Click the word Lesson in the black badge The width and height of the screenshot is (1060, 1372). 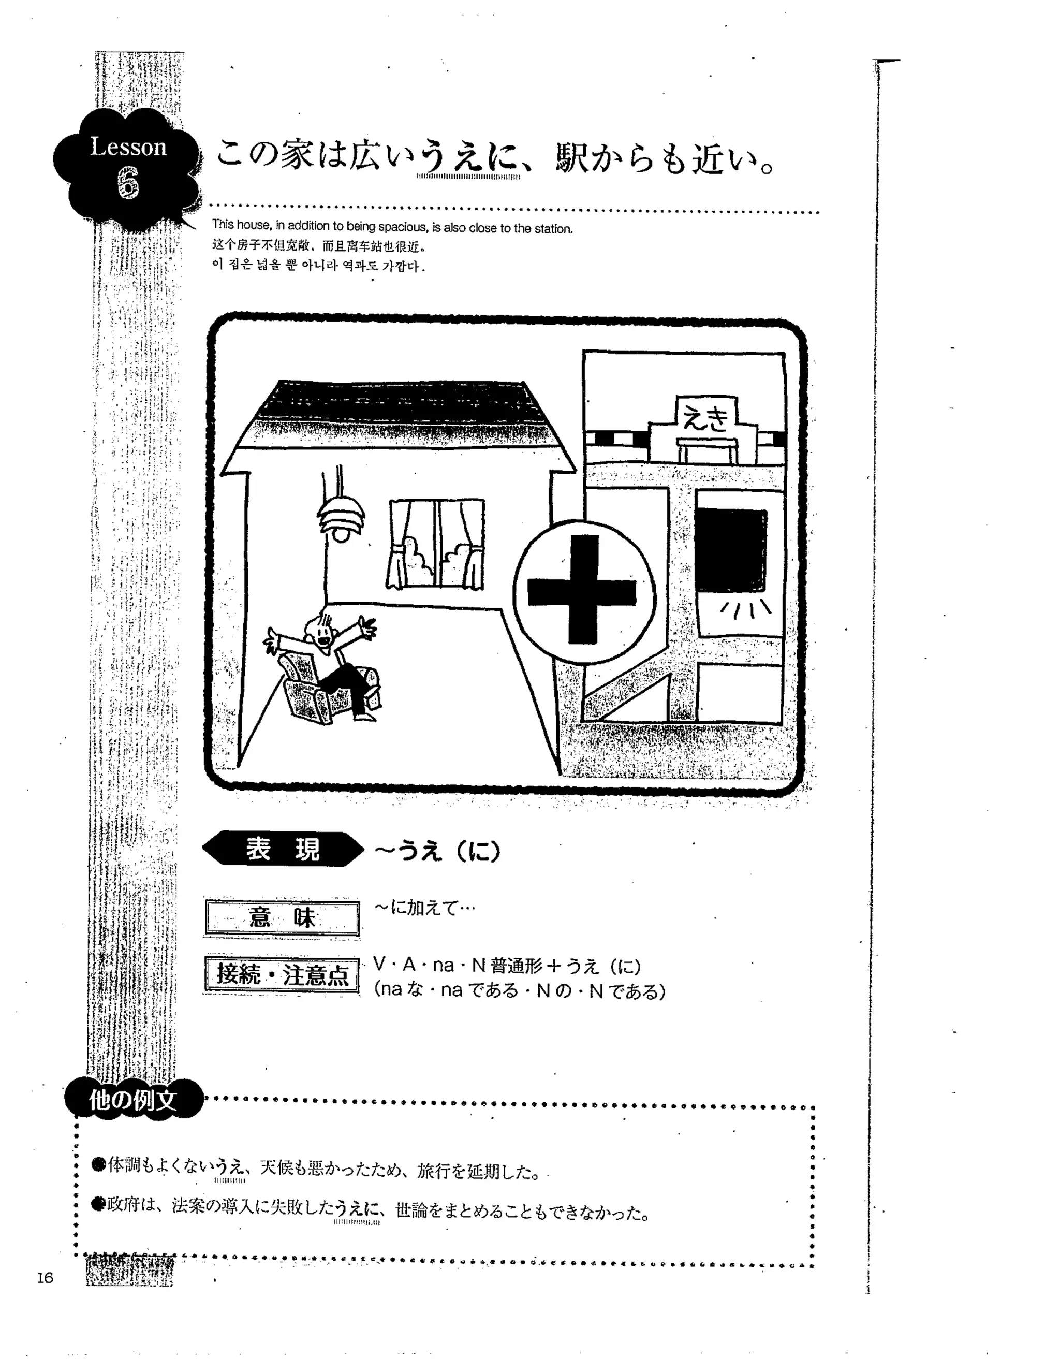(129, 147)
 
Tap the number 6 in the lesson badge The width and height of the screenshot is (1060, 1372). (128, 185)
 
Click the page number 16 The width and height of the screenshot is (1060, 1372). (45, 1277)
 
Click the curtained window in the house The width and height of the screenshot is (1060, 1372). (436, 544)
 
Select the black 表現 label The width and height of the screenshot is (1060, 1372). (283, 849)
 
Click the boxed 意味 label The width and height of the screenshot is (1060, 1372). (282, 918)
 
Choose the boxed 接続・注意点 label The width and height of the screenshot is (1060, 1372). (282, 975)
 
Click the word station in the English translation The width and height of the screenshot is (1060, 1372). (553, 229)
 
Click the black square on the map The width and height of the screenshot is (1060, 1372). (731, 547)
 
